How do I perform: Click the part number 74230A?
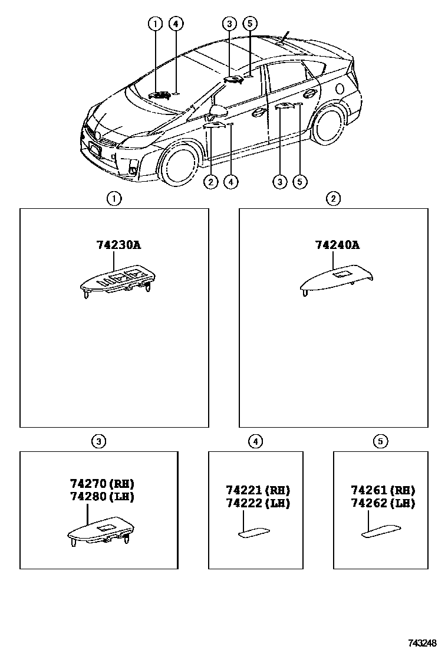[118, 245]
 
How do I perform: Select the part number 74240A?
[337, 245]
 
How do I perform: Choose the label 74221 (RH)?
[258, 490]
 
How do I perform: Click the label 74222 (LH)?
[258, 503]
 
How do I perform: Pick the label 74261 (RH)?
[383, 490]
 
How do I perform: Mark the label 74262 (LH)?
[383, 503]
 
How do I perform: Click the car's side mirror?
[219, 111]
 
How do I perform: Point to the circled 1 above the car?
[155, 24]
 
